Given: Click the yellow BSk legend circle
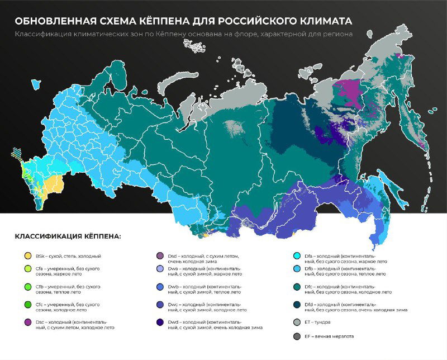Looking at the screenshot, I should [27, 256].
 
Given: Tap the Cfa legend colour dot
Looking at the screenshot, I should [27, 268].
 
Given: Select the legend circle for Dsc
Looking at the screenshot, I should [27, 322].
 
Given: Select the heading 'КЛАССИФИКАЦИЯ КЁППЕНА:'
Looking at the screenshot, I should [68, 236].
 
